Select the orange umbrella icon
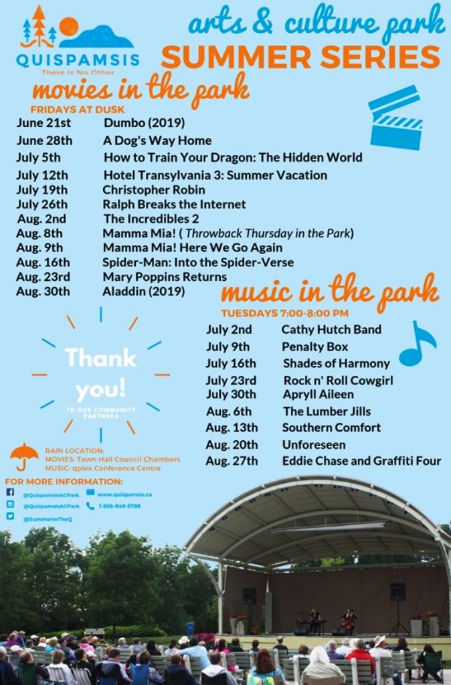(x=24, y=456)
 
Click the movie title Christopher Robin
(x=154, y=190)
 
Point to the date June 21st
(x=43, y=123)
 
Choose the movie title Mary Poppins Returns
(x=165, y=277)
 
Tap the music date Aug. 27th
(x=232, y=461)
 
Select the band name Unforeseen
(x=314, y=445)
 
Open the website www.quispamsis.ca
(x=124, y=494)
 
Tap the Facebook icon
(x=10, y=492)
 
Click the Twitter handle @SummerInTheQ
(x=47, y=518)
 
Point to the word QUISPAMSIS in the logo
(x=78, y=60)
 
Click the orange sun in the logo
(x=68, y=26)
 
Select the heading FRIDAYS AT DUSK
(x=78, y=109)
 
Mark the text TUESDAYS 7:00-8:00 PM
(x=284, y=312)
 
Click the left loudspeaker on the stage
(x=249, y=595)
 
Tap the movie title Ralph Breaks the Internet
(x=174, y=204)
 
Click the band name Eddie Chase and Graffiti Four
(x=361, y=461)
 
